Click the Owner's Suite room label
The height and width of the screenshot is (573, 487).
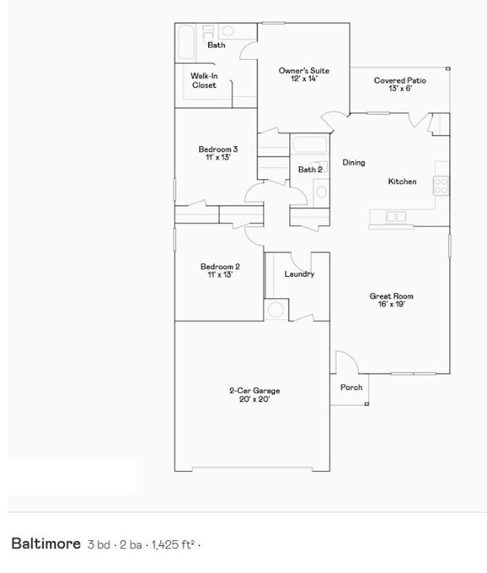pyautogui.click(x=303, y=71)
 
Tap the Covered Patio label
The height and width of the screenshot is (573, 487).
pyautogui.click(x=399, y=80)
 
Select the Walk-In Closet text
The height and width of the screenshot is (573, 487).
pyautogui.click(x=204, y=80)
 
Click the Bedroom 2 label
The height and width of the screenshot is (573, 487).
pyautogui.click(x=220, y=266)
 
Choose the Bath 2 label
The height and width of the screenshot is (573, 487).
pyautogui.click(x=310, y=169)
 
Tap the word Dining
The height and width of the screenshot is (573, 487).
pyautogui.click(x=354, y=163)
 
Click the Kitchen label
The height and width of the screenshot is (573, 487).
pyautogui.click(x=402, y=181)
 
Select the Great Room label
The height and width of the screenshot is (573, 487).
pyautogui.click(x=391, y=296)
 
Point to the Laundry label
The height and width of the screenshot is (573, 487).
pyautogui.click(x=299, y=274)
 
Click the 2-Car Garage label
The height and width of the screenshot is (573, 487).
pyautogui.click(x=254, y=391)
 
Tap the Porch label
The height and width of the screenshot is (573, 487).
pyautogui.click(x=351, y=387)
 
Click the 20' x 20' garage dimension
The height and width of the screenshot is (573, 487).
pyautogui.click(x=254, y=400)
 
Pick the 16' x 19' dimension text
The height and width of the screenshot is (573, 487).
pyautogui.click(x=391, y=305)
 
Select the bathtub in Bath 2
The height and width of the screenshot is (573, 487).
pyautogui.click(x=309, y=145)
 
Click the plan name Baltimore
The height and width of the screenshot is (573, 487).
pyautogui.click(x=46, y=544)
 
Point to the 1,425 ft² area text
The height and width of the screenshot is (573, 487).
pyautogui.click(x=173, y=544)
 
